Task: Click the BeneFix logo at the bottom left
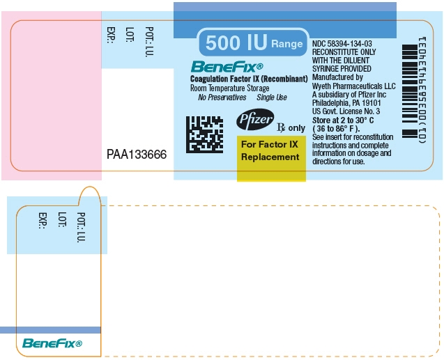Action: click(52, 343)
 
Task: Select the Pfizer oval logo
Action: click(255, 120)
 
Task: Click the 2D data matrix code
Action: click(204, 134)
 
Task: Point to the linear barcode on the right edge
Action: click(412, 91)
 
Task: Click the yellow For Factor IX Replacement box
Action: click(270, 150)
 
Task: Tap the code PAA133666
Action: click(137, 155)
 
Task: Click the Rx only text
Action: click(291, 128)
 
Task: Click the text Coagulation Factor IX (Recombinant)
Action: click(249, 79)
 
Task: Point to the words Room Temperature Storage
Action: click(229, 88)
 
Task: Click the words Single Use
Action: click(272, 97)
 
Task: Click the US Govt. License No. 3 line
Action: click(346, 111)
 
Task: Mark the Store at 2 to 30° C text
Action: click(344, 119)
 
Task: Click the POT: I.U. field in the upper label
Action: click(149, 41)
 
